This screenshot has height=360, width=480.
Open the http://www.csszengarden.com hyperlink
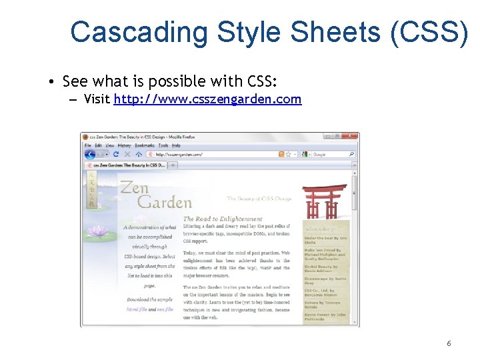click(207, 100)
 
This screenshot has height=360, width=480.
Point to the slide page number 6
click(449, 343)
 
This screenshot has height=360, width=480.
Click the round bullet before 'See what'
click(51, 82)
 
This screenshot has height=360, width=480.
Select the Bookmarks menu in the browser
click(144, 145)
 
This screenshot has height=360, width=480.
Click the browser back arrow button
click(90, 154)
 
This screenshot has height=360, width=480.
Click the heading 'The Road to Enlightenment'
click(223, 219)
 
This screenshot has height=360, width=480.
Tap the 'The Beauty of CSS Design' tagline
click(259, 199)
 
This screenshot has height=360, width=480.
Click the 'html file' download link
click(136, 309)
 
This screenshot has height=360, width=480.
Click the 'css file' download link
click(165, 309)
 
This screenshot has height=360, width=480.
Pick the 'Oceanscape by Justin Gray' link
click(325, 281)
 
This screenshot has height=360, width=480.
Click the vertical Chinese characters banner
click(91, 190)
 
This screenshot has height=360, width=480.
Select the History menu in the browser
click(125, 145)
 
